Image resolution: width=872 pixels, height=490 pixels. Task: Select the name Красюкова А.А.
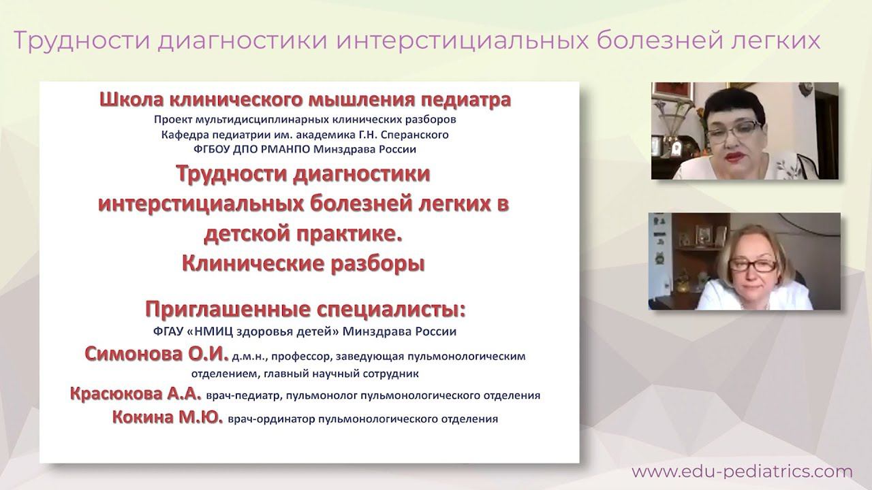pos(136,394)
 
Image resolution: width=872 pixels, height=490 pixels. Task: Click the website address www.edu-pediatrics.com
pos(741,471)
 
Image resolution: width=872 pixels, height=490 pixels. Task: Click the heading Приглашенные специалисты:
pos(305,309)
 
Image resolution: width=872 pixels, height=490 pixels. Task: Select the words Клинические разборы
pos(303,263)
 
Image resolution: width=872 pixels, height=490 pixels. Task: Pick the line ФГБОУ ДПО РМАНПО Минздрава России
pos(305,148)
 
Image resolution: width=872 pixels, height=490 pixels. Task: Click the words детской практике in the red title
pos(300,233)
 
